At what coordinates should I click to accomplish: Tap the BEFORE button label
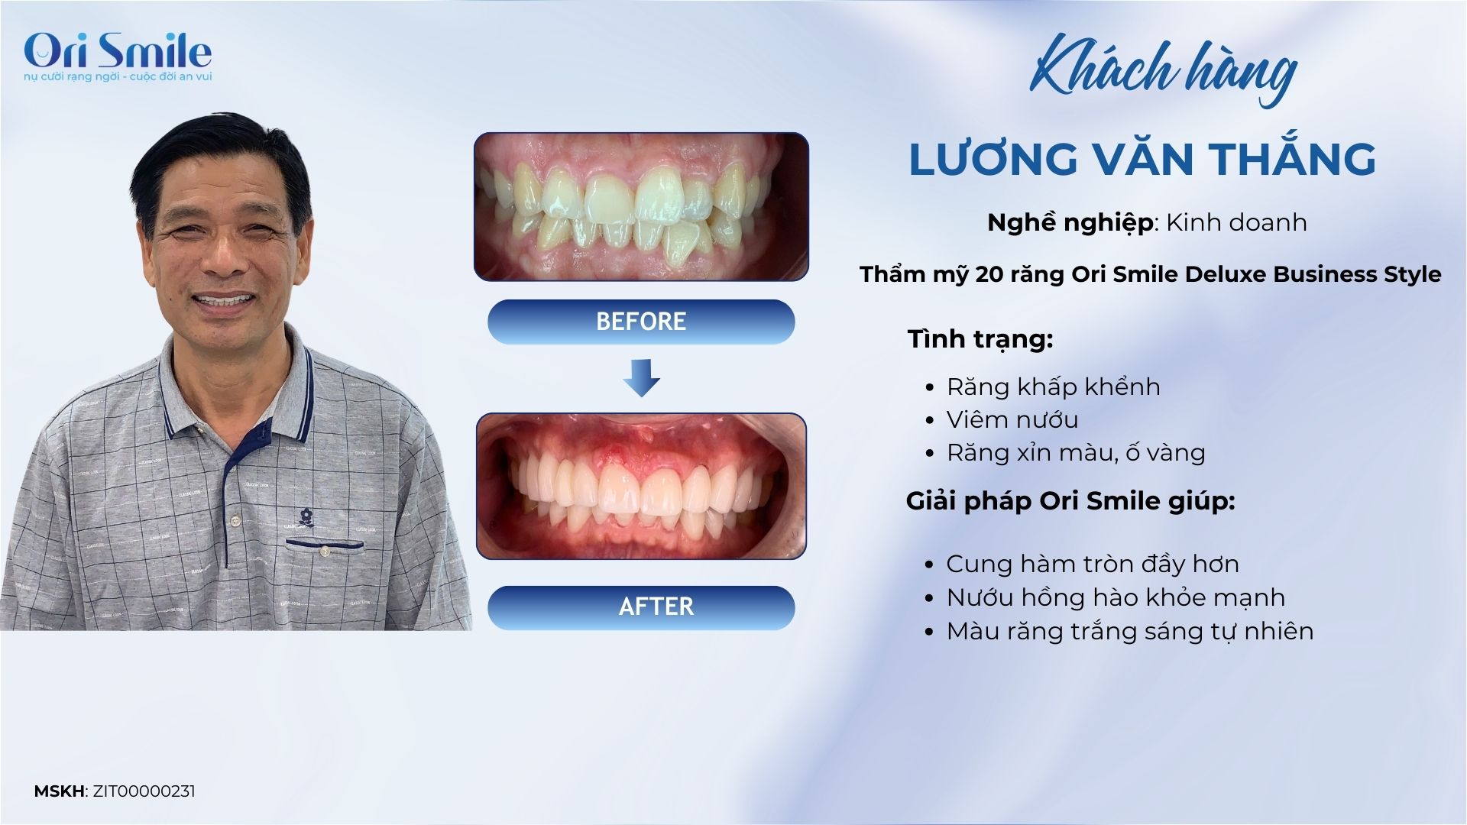pos(641,322)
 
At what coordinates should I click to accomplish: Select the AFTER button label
pos(656,607)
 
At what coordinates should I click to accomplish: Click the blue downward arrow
pos(641,377)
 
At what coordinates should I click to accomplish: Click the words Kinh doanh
pos(1237,222)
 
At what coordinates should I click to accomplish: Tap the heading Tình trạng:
pos(980,339)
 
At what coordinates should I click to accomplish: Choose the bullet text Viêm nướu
pos(1012,419)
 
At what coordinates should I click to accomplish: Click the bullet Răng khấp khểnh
pos(1054,387)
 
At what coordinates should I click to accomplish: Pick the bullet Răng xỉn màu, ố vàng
pos(1076,453)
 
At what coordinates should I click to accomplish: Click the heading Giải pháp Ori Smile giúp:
pos(1070,501)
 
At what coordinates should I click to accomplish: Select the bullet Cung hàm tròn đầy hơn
pos(1093,564)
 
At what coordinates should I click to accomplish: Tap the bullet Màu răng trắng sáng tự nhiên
pos(1130,631)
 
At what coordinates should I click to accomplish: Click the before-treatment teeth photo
pos(641,207)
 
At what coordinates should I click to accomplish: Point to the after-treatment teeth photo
pos(641,487)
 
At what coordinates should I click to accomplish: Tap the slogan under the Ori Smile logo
pos(118,77)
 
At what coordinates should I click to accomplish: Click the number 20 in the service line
pos(989,274)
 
